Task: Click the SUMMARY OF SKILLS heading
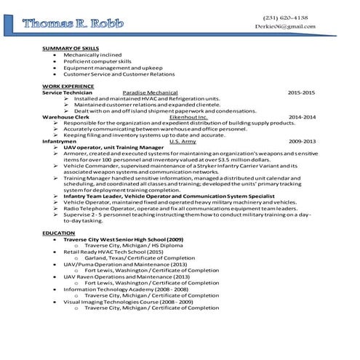coord(71,48)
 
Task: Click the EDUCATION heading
coord(58,233)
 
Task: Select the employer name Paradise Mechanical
coord(151,92)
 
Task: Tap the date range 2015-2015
coord(300,92)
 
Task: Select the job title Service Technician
coord(67,92)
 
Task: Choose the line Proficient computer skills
coord(97,61)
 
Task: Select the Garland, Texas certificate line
coord(139,258)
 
